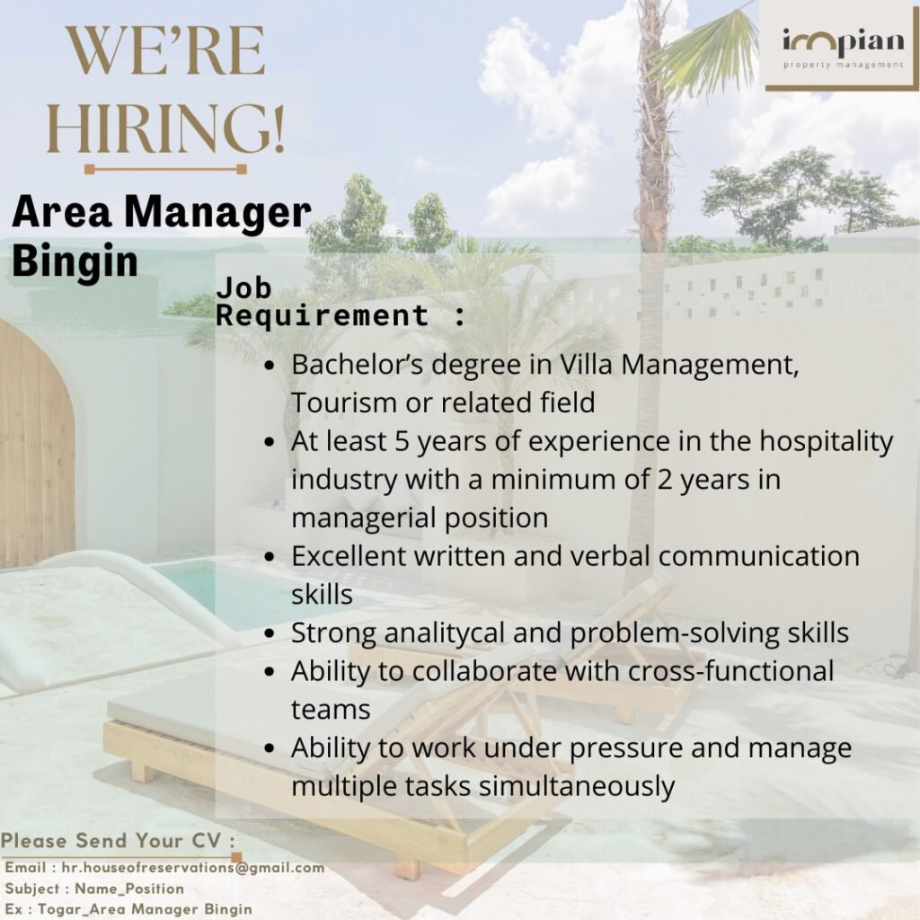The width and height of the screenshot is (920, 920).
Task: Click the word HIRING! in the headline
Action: pyautogui.click(x=165, y=129)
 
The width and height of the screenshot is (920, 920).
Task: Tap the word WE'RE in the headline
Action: pyautogui.click(x=165, y=52)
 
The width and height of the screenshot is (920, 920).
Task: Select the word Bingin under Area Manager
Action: pyautogui.click(x=75, y=261)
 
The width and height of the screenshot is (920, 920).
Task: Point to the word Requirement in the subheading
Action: pyautogui.click(x=323, y=315)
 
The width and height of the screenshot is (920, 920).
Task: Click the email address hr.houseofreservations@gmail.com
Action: pyautogui.click(x=192, y=868)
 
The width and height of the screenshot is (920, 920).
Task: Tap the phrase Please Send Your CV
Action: pyautogui.click(x=117, y=842)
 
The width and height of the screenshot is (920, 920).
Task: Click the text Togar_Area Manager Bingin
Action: pyautogui.click(x=145, y=908)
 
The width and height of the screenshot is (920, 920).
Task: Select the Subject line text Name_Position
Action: pyautogui.click(x=129, y=889)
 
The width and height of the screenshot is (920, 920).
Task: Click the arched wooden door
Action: pyautogui.click(x=36, y=445)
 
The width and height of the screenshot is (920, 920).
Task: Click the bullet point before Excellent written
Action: pyautogui.click(x=270, y=556)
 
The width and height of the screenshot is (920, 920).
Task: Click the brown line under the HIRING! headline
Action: pyautogui.click(x=165, y=168)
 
